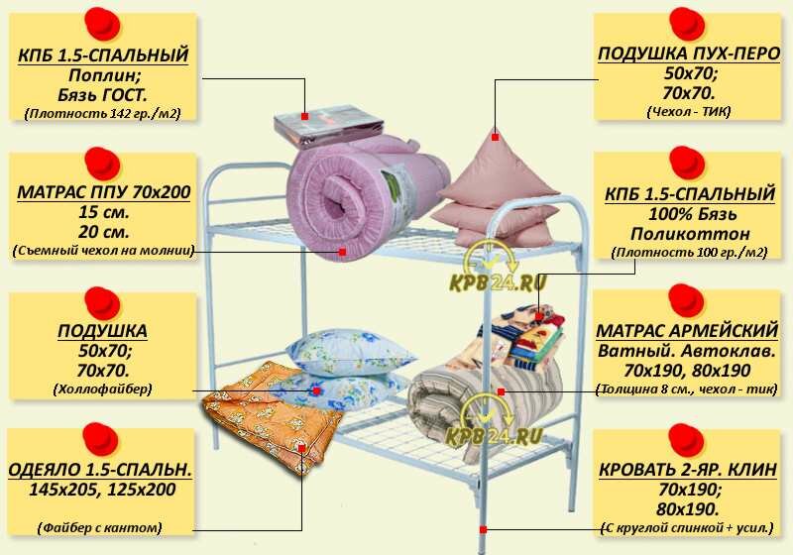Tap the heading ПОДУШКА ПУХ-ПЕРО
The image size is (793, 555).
click(688, 54)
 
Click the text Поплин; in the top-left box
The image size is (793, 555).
click(103, 75)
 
